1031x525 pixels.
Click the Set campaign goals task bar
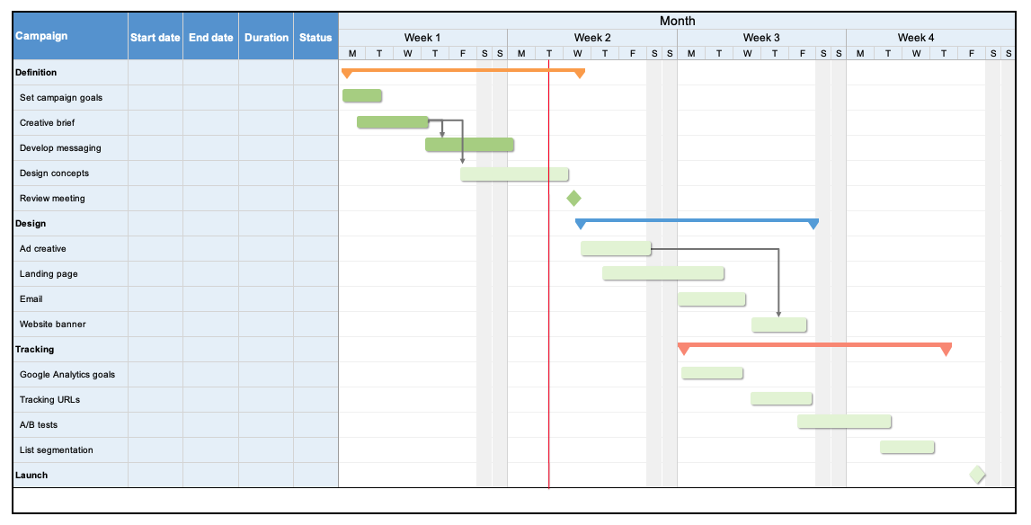(x=362, y=95)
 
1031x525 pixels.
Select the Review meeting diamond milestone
(x=573, y=198)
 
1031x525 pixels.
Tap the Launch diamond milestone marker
(x=977, y=475)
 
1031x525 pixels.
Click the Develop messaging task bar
(x=469, y=145)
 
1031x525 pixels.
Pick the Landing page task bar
(x=663, y=272)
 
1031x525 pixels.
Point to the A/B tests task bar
(x=844, y=421)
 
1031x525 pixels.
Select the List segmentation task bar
(x=907, y=447)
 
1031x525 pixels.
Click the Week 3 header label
(x=761, y=38)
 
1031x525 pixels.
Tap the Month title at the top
(x=677, y=21)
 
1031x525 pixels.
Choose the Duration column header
(x=266, y=38)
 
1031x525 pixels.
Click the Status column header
(x=316, y=38)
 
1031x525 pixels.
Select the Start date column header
(x=155, y=38)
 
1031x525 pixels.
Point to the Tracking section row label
(x=35, y=349)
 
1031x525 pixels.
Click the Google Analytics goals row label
(x=67, y=374)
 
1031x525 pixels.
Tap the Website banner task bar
(x=779, y=325)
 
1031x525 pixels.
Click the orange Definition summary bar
(x=463, y=69)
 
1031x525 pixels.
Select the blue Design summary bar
(x=697, y=220)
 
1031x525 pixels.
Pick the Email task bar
(x=712, y=299)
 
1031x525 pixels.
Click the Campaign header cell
(x=41, y=36)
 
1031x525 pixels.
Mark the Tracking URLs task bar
(x=781, y=398)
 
